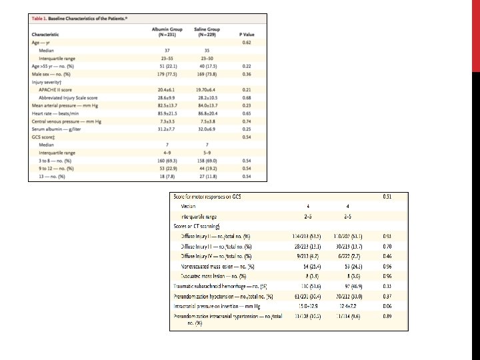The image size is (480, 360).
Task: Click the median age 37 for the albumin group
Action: pos(168,50)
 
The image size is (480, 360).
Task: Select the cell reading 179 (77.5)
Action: pos(168,74)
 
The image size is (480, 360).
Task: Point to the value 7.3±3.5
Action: pos(168,121)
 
